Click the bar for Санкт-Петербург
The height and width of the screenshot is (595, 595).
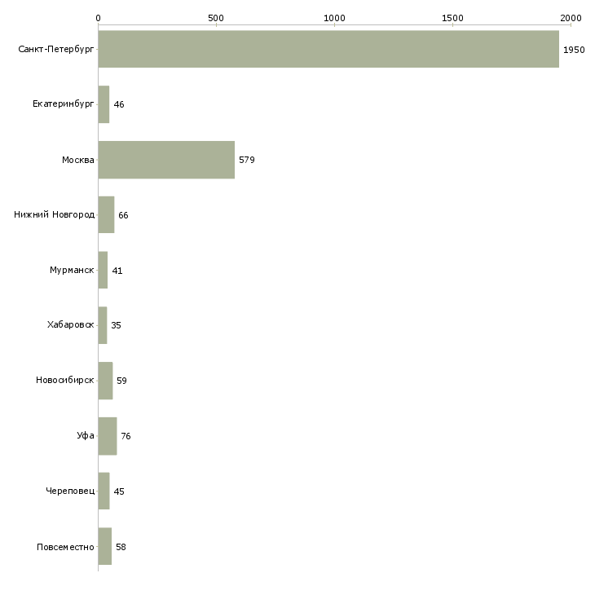pyautogui.click(x=328, y=49)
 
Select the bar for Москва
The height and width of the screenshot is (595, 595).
pyautogui.click(x=166, y=160)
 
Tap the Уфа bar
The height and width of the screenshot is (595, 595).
pyautogui.click(x=107, y=436)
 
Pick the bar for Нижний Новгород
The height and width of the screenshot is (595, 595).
pyautogui.click(x=106, y=215)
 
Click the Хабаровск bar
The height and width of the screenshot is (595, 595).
pyautogui.click(x=102, y=325)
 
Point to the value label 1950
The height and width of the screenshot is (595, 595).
pyautogui.click(x=574, y=50)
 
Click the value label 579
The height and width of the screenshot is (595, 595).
pyautogui.click(x=247, y=160)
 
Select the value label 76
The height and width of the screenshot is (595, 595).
pyautogui.click(x=126, y=436)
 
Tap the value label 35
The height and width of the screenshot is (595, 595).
pyautogui.click(x=116, y=325)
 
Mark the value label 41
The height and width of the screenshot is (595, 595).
pyautogui.click(x=117, y=271)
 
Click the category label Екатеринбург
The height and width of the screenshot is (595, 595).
pyautogui.click(x=64, y=104)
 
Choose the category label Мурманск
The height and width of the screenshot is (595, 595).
pyautogui.click(x=72, y=271)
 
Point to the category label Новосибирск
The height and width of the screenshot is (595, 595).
pyautogui.click(x=65, y=381)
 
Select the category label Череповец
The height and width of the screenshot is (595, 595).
pyautogui.click(x=70, y=491)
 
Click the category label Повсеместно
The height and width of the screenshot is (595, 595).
pyautogui.click(x=65, y=547)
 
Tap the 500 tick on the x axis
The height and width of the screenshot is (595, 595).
pyautogui.click(x=216, y=17)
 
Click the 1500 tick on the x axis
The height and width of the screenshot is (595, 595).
pyautogui.click(x=452, y=17)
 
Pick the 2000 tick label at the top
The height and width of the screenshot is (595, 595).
pyautogui.click(x=571, y=17)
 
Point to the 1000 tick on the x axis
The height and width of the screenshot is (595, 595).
pyautogui.click(x=334, y=17)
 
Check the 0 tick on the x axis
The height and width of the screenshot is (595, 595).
pyautogui.click(x=98, y=17)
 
